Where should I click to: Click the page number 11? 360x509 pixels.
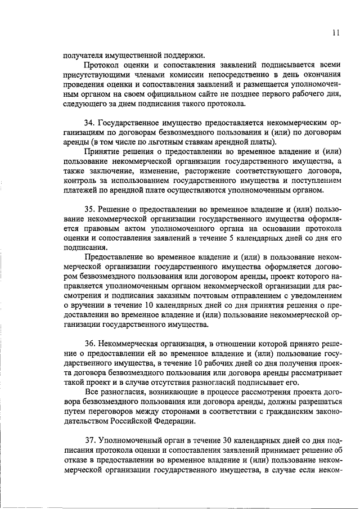click(336, 33)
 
